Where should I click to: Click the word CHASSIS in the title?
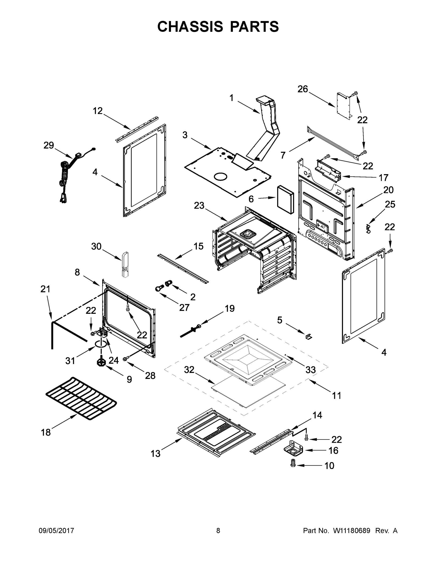[x=190, y=27]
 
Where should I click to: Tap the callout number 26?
[x=303, y=89]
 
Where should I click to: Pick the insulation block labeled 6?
[x=285, y=199]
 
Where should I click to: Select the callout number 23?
[x=199, y=206]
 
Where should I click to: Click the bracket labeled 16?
[x=293, y=448]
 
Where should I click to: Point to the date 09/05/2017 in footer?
[x=56, y=531]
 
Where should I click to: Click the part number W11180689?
[x=352, y=531]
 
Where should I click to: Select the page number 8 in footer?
[x=218, y=531]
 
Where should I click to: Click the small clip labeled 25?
[x=369, y=229]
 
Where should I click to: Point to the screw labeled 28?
[x=126, y=358]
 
